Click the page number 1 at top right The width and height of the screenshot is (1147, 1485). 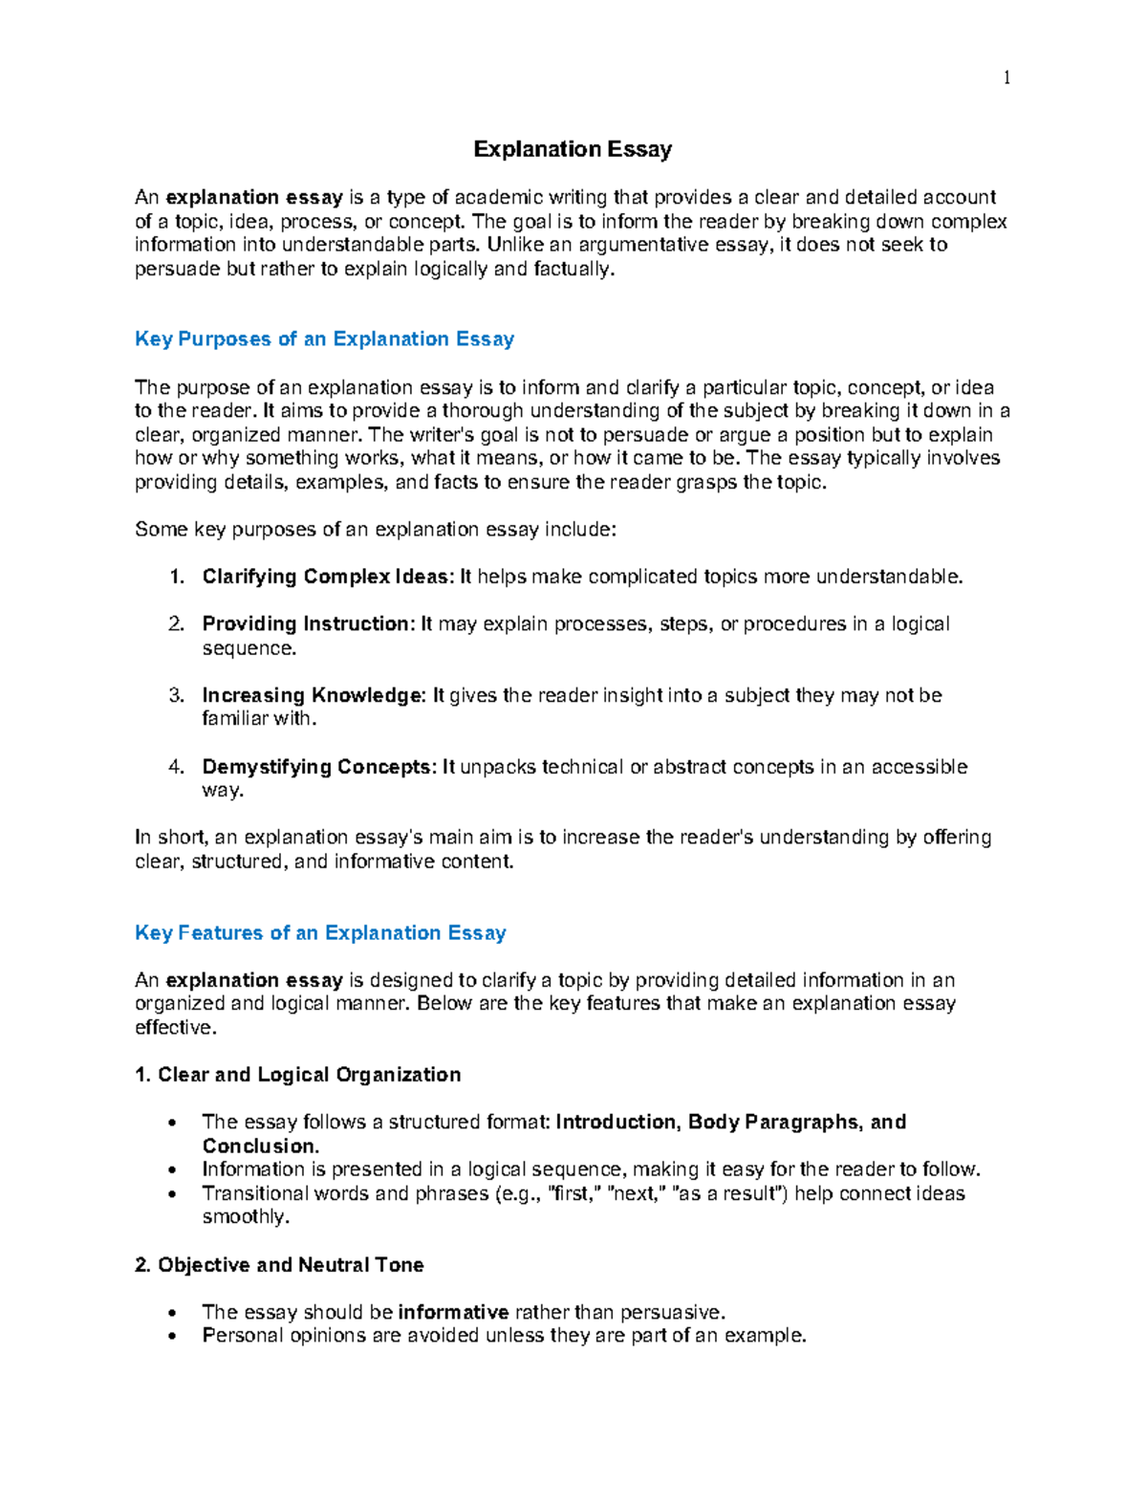(1006, 78)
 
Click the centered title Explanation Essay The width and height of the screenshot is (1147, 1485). (573, 149)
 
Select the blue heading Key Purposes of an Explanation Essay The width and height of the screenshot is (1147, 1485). (324, 338)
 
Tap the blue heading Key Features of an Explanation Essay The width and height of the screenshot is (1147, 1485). (320, 932)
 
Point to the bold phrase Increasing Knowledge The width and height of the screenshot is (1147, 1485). (312, 695)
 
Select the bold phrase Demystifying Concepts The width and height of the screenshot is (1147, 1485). (316, 767)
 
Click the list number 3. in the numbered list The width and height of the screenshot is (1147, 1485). (176, 695)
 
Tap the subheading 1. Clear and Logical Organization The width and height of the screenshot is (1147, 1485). (298, 1075)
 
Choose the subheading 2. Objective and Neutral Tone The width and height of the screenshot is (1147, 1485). (279, 1265)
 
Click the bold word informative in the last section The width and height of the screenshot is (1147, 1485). (453, 1312)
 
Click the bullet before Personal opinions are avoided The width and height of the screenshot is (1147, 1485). (172, 1337)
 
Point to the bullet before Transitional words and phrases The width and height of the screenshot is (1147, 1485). (172, 1194)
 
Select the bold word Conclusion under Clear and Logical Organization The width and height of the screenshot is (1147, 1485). (258, 1146)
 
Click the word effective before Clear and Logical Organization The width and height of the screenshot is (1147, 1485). (175, 1028)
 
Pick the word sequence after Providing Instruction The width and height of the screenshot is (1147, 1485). (249, 648)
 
